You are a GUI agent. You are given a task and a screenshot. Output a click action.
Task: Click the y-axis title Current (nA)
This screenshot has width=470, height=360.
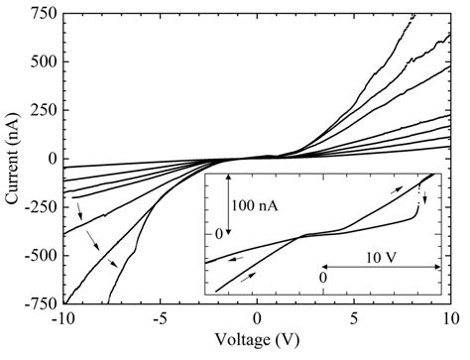pyautogui.click(x=13, y=159)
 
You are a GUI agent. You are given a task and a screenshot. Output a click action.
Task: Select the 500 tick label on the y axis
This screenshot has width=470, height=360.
pyautogui.click(x=42, y=62)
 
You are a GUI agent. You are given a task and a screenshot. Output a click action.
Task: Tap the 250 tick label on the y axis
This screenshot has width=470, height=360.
pyautogui.click(x=42, y=111)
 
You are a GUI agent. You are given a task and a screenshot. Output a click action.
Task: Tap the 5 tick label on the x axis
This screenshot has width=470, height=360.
pyautogui.click(x=354, y=320)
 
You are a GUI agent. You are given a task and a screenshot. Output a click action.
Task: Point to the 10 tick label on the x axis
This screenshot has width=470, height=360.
pyautogui.click(x=450, y=320)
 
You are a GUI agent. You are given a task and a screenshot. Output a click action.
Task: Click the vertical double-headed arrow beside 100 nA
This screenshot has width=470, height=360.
pyautogui.click(x=229, y=206)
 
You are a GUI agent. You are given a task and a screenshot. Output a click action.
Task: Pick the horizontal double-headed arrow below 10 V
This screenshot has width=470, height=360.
pyautogui.click(x=381, y=268)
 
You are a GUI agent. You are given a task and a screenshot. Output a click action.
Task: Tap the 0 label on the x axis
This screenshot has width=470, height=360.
pyautogui.click(x=257, y=320)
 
